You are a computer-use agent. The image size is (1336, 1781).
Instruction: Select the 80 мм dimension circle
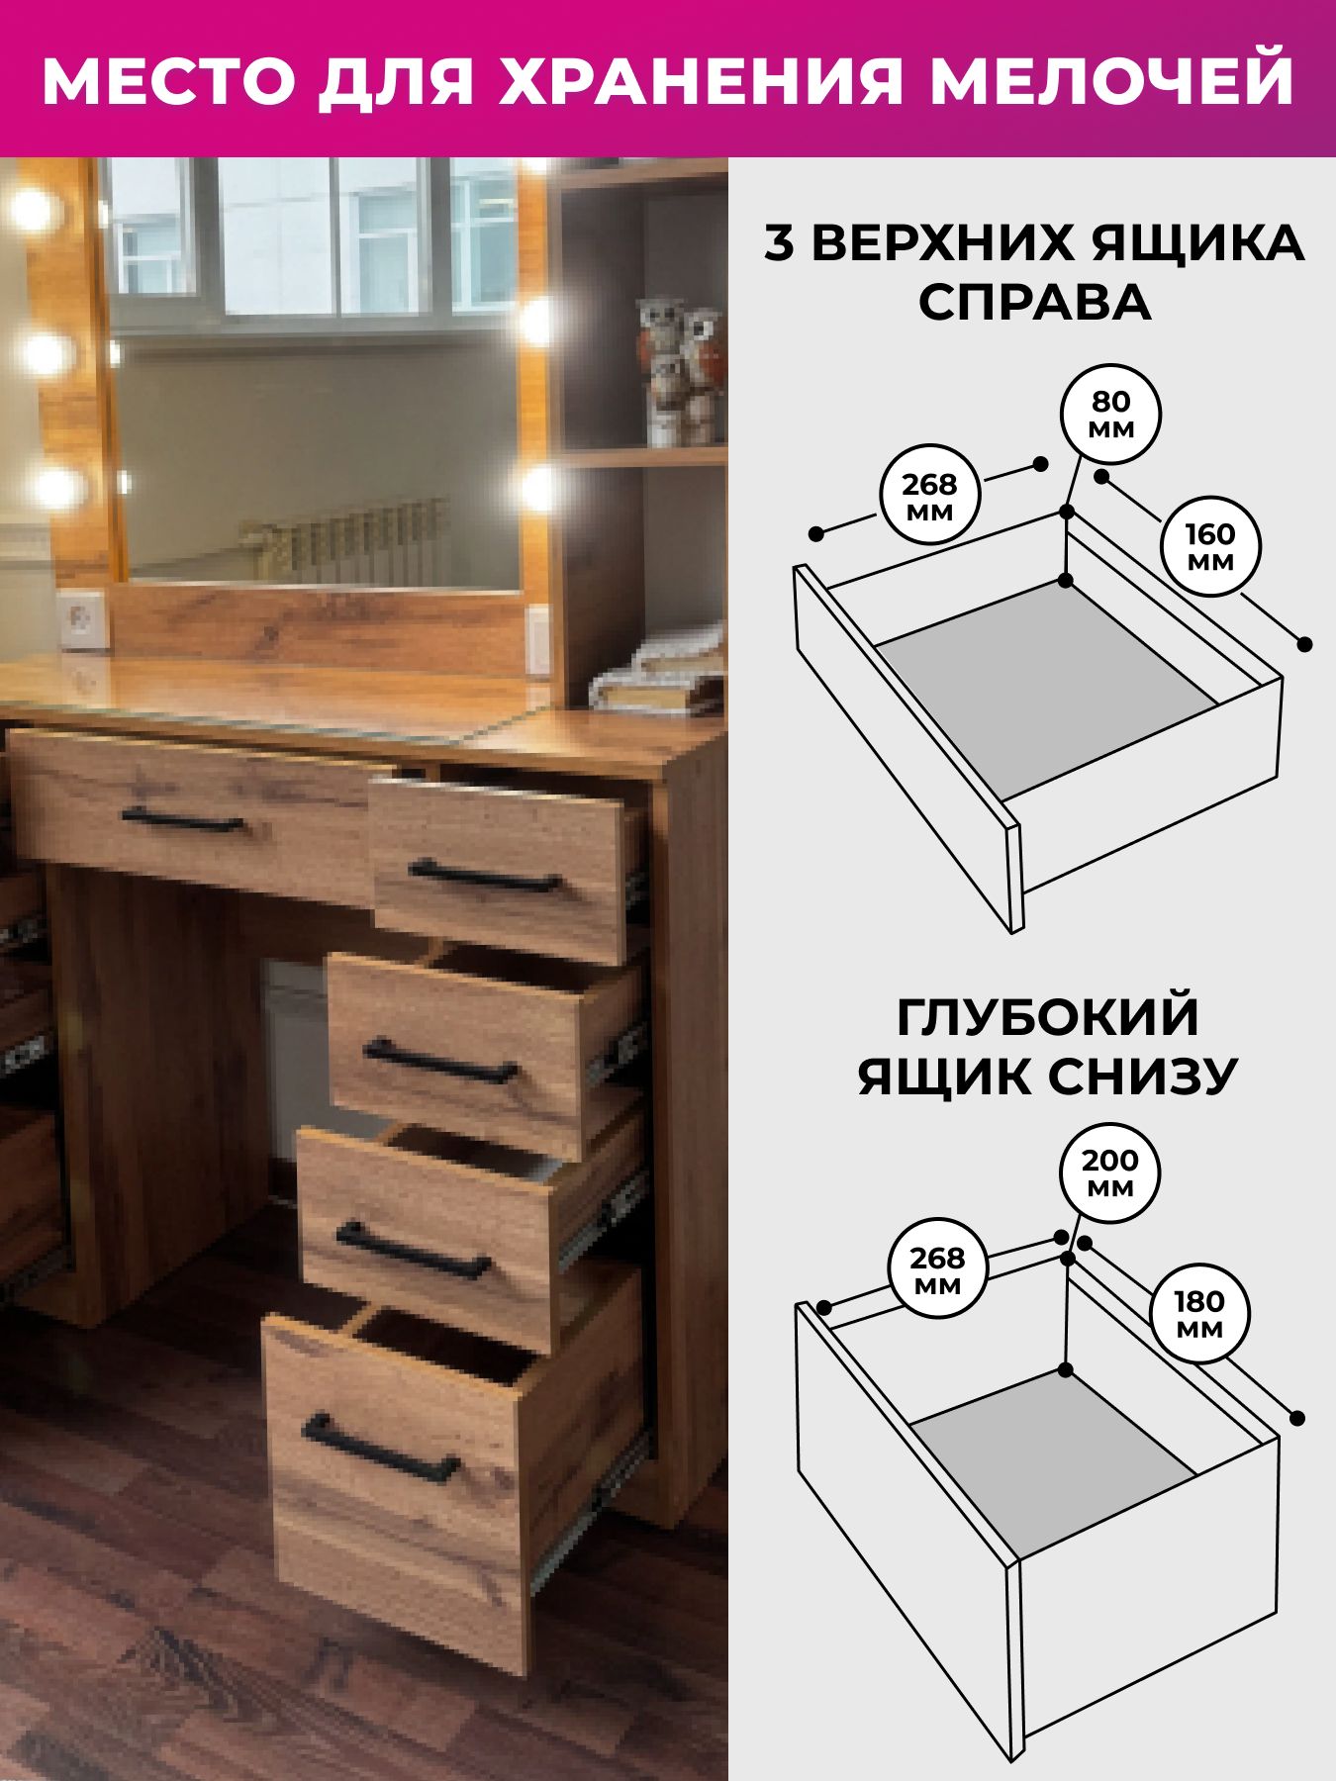pyautogui.click(x=1110, y=416)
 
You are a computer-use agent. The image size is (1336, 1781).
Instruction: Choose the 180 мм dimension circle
pyautogui.click(x=1200, y=1314)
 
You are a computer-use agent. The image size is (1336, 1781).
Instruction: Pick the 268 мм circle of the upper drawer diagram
pyautogui.click(x=929, y=497)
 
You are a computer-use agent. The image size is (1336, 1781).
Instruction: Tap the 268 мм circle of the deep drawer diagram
pyautogui.click(x=937, y=1270)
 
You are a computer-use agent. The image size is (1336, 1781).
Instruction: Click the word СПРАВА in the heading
pyautogui.click(x=1035, y=303)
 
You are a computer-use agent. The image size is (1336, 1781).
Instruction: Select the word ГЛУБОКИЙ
pyautogui.click(x=1048, y=1018)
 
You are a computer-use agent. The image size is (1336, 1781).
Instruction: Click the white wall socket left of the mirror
pyautogui.click(x=82, y=618)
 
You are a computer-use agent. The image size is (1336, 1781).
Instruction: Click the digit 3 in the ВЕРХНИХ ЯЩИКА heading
pyautogui.click(x=779, y=244)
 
